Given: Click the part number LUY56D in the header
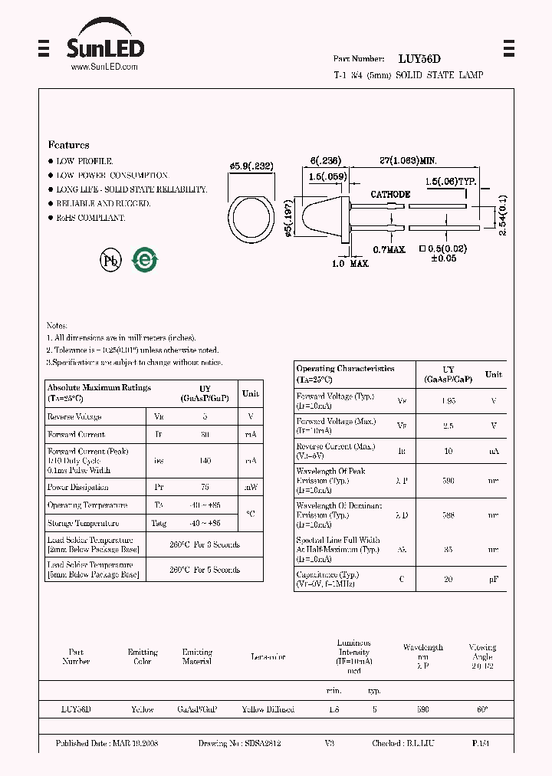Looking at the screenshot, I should tap(419, 58).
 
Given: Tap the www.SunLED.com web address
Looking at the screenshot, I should tap(104, 67).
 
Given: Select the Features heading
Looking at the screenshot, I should tap(68, 145).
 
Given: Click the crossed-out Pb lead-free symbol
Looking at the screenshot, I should tap(110, 260).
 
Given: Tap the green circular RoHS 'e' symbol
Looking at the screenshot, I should tap(144, 260).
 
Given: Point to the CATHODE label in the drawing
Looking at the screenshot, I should tap(390, 195).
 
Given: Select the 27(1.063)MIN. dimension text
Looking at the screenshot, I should tap(408, 160).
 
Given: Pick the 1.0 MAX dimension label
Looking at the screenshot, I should tap(350, 264).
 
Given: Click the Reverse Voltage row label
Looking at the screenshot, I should tap(74, 416).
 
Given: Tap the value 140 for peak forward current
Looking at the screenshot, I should tap(205, 461).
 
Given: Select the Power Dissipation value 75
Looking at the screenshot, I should tap(205, 487).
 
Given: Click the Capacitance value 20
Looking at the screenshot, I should tap(449, 579).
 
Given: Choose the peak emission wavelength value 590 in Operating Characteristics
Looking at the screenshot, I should tap(449, 481).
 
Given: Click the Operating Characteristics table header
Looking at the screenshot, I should tap(345, 373).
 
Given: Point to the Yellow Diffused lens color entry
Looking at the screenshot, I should tap(268, 709).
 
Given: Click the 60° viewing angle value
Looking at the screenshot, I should tap(481, 709).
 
